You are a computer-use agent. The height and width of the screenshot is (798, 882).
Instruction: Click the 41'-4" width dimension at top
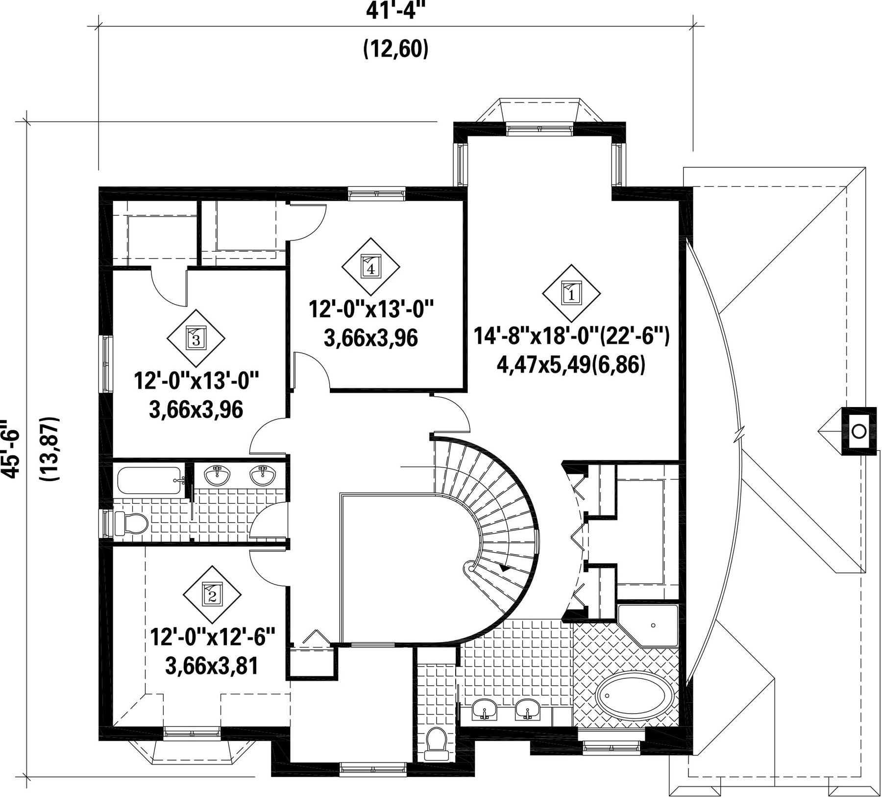pyautogui.click(x=396, y=10)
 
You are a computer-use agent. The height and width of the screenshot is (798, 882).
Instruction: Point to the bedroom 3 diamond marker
pyautogui.click(x=196, y=338)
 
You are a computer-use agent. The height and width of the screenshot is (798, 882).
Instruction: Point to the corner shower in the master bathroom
pyautogui.click(x=648, y=626)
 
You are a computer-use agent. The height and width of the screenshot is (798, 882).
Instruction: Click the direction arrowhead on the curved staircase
pyautogui.click(x=504, y=568)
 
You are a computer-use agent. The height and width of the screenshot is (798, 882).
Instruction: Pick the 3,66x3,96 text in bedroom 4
pyautogui.click(x=371, y=338)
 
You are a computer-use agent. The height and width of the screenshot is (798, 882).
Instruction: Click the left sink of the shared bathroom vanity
pyautogui.click(x=218, y=475)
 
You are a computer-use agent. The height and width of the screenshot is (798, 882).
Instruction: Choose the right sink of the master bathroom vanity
pyautogui.click(x=527, y=710)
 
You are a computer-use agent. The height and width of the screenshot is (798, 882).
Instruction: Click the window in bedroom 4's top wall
pyautogui.click(x=377, y=195)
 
